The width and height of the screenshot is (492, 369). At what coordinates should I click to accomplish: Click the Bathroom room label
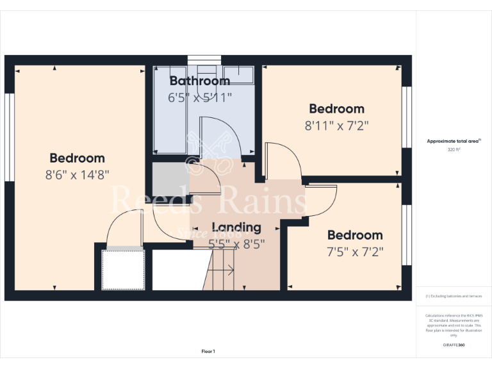199,81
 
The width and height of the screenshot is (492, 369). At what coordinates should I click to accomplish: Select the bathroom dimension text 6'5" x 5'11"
199,98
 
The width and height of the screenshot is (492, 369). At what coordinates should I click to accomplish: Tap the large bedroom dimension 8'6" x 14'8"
77,175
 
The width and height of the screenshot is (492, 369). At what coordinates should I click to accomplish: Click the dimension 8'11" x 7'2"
336,126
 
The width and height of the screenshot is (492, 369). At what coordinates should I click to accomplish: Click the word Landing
236,227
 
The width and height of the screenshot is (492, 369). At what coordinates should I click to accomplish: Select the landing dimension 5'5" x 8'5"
236,243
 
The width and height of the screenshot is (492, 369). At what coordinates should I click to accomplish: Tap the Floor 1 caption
208,351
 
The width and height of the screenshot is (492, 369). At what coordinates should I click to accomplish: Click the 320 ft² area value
454,149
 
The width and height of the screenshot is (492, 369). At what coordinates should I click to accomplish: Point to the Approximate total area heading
454,141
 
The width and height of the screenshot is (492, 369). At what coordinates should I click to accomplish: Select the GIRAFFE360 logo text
454,345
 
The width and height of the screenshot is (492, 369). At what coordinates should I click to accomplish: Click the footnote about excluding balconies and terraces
454,297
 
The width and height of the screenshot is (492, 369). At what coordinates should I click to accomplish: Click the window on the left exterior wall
9,138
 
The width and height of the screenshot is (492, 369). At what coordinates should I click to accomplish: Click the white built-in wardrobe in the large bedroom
123,270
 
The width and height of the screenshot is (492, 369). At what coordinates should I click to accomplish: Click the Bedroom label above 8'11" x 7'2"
336,109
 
